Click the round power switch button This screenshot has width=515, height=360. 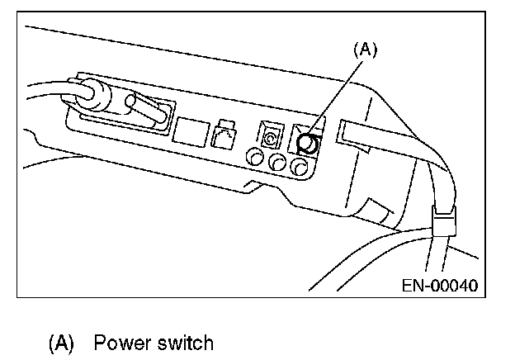[305, 143]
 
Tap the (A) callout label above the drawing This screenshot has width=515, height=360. [365, 50]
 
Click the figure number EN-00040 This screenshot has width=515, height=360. [439, 286]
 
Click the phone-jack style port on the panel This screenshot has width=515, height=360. [222, 134]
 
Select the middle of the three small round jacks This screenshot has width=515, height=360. [278, 164]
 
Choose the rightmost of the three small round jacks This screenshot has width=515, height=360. [301, 168]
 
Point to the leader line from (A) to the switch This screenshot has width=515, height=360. [338, 95]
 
